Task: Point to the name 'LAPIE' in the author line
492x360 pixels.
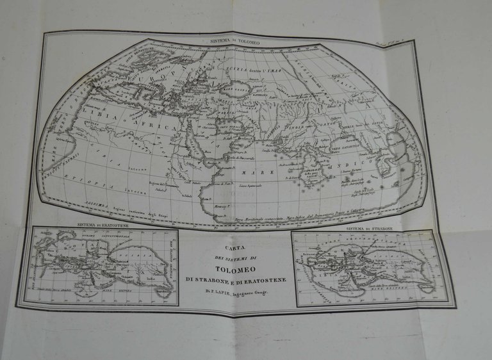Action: (220, 292)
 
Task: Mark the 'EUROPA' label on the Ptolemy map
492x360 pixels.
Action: (154, 72)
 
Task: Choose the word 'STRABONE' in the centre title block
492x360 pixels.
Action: (209, 280)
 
